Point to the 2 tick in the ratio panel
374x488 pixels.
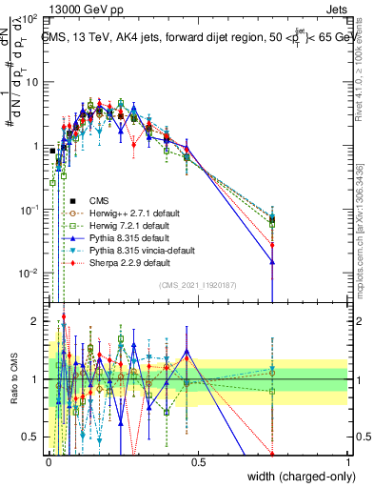tap(36, 321)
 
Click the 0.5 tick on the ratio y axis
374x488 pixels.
tap(32, 437)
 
